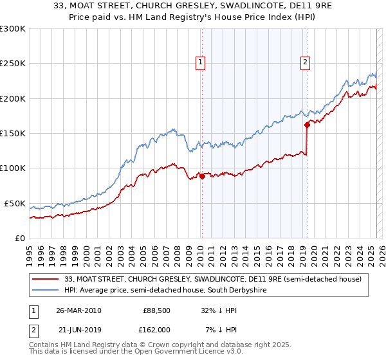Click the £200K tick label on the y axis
click(12, 98)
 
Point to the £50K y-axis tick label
click(14, 203)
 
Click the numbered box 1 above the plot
click(201, 62)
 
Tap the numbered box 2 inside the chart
click(305, 62)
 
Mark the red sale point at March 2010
click(202, 176)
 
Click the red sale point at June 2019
click(308, 125)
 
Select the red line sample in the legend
click(46, 279)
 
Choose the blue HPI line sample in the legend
click(46, 291)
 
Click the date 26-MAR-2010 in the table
click(79, 310)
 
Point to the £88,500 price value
click(156, 310)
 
